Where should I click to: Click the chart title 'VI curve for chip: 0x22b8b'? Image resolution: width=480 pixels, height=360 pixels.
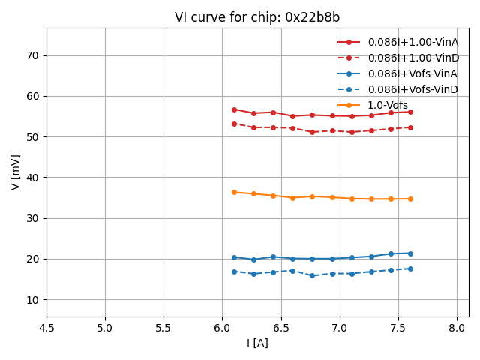(257, 17)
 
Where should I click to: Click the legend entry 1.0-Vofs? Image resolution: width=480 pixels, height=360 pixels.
(387, 105)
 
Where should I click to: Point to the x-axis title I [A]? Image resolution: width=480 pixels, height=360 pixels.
(257, 343)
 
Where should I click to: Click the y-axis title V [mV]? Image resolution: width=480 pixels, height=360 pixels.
(16, 172)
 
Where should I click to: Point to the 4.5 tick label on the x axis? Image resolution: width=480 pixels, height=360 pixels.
(46, 328)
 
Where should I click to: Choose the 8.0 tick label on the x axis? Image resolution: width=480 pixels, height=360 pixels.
(457, 328)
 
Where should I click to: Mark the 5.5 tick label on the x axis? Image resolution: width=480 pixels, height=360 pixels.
(163, 328)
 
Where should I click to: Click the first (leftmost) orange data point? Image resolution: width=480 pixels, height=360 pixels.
(234, 192)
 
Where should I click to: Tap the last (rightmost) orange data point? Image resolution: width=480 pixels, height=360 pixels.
(410, 199)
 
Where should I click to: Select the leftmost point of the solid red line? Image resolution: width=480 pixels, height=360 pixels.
(234, 109)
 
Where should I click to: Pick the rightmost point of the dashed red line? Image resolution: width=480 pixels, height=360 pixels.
(410, 127)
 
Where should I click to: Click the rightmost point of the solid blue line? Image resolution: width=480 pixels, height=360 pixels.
(410, 253)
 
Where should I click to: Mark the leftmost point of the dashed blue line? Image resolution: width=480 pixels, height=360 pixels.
(234, 271)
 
